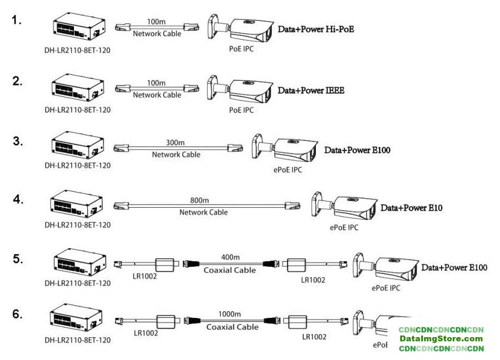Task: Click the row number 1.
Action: [17, 20]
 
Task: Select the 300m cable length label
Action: [175, 144]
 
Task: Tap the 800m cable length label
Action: [199, 200]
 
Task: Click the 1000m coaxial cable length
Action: [229, 314]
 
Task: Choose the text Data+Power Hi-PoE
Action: [315, 28]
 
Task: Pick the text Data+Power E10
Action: [412, 208]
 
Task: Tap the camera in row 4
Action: [343, 207]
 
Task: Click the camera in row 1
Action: [239, 28]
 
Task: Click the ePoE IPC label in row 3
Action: [287, 170]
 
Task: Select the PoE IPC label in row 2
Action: [241, 110]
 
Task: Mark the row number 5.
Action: [18, 259]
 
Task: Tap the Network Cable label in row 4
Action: [203, 212]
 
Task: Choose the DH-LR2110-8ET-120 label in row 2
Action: [78, 110]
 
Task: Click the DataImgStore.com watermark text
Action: [442, 339]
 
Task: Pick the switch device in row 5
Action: [77, 263]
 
